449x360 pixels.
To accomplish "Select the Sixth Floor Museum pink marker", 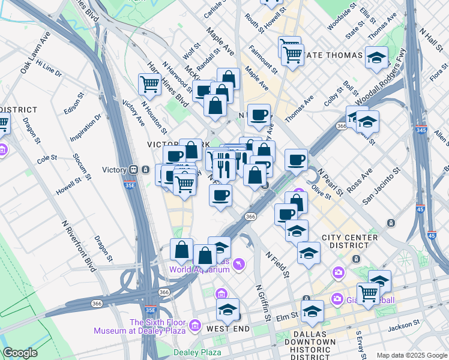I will click(x=194, y=325).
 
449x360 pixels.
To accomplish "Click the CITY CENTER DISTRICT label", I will click(x=350, y=238).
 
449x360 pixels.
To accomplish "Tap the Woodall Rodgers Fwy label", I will click(x=388, y=82).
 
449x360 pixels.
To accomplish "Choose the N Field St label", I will click(x=278, y=263).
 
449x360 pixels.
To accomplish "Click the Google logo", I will click(x=20, y=353).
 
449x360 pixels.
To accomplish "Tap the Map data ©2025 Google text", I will click(x=411, y=355).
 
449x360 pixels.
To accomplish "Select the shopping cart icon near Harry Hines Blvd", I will click(x=149, y=84).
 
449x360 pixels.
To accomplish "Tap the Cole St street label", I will click(x=46, y=159).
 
